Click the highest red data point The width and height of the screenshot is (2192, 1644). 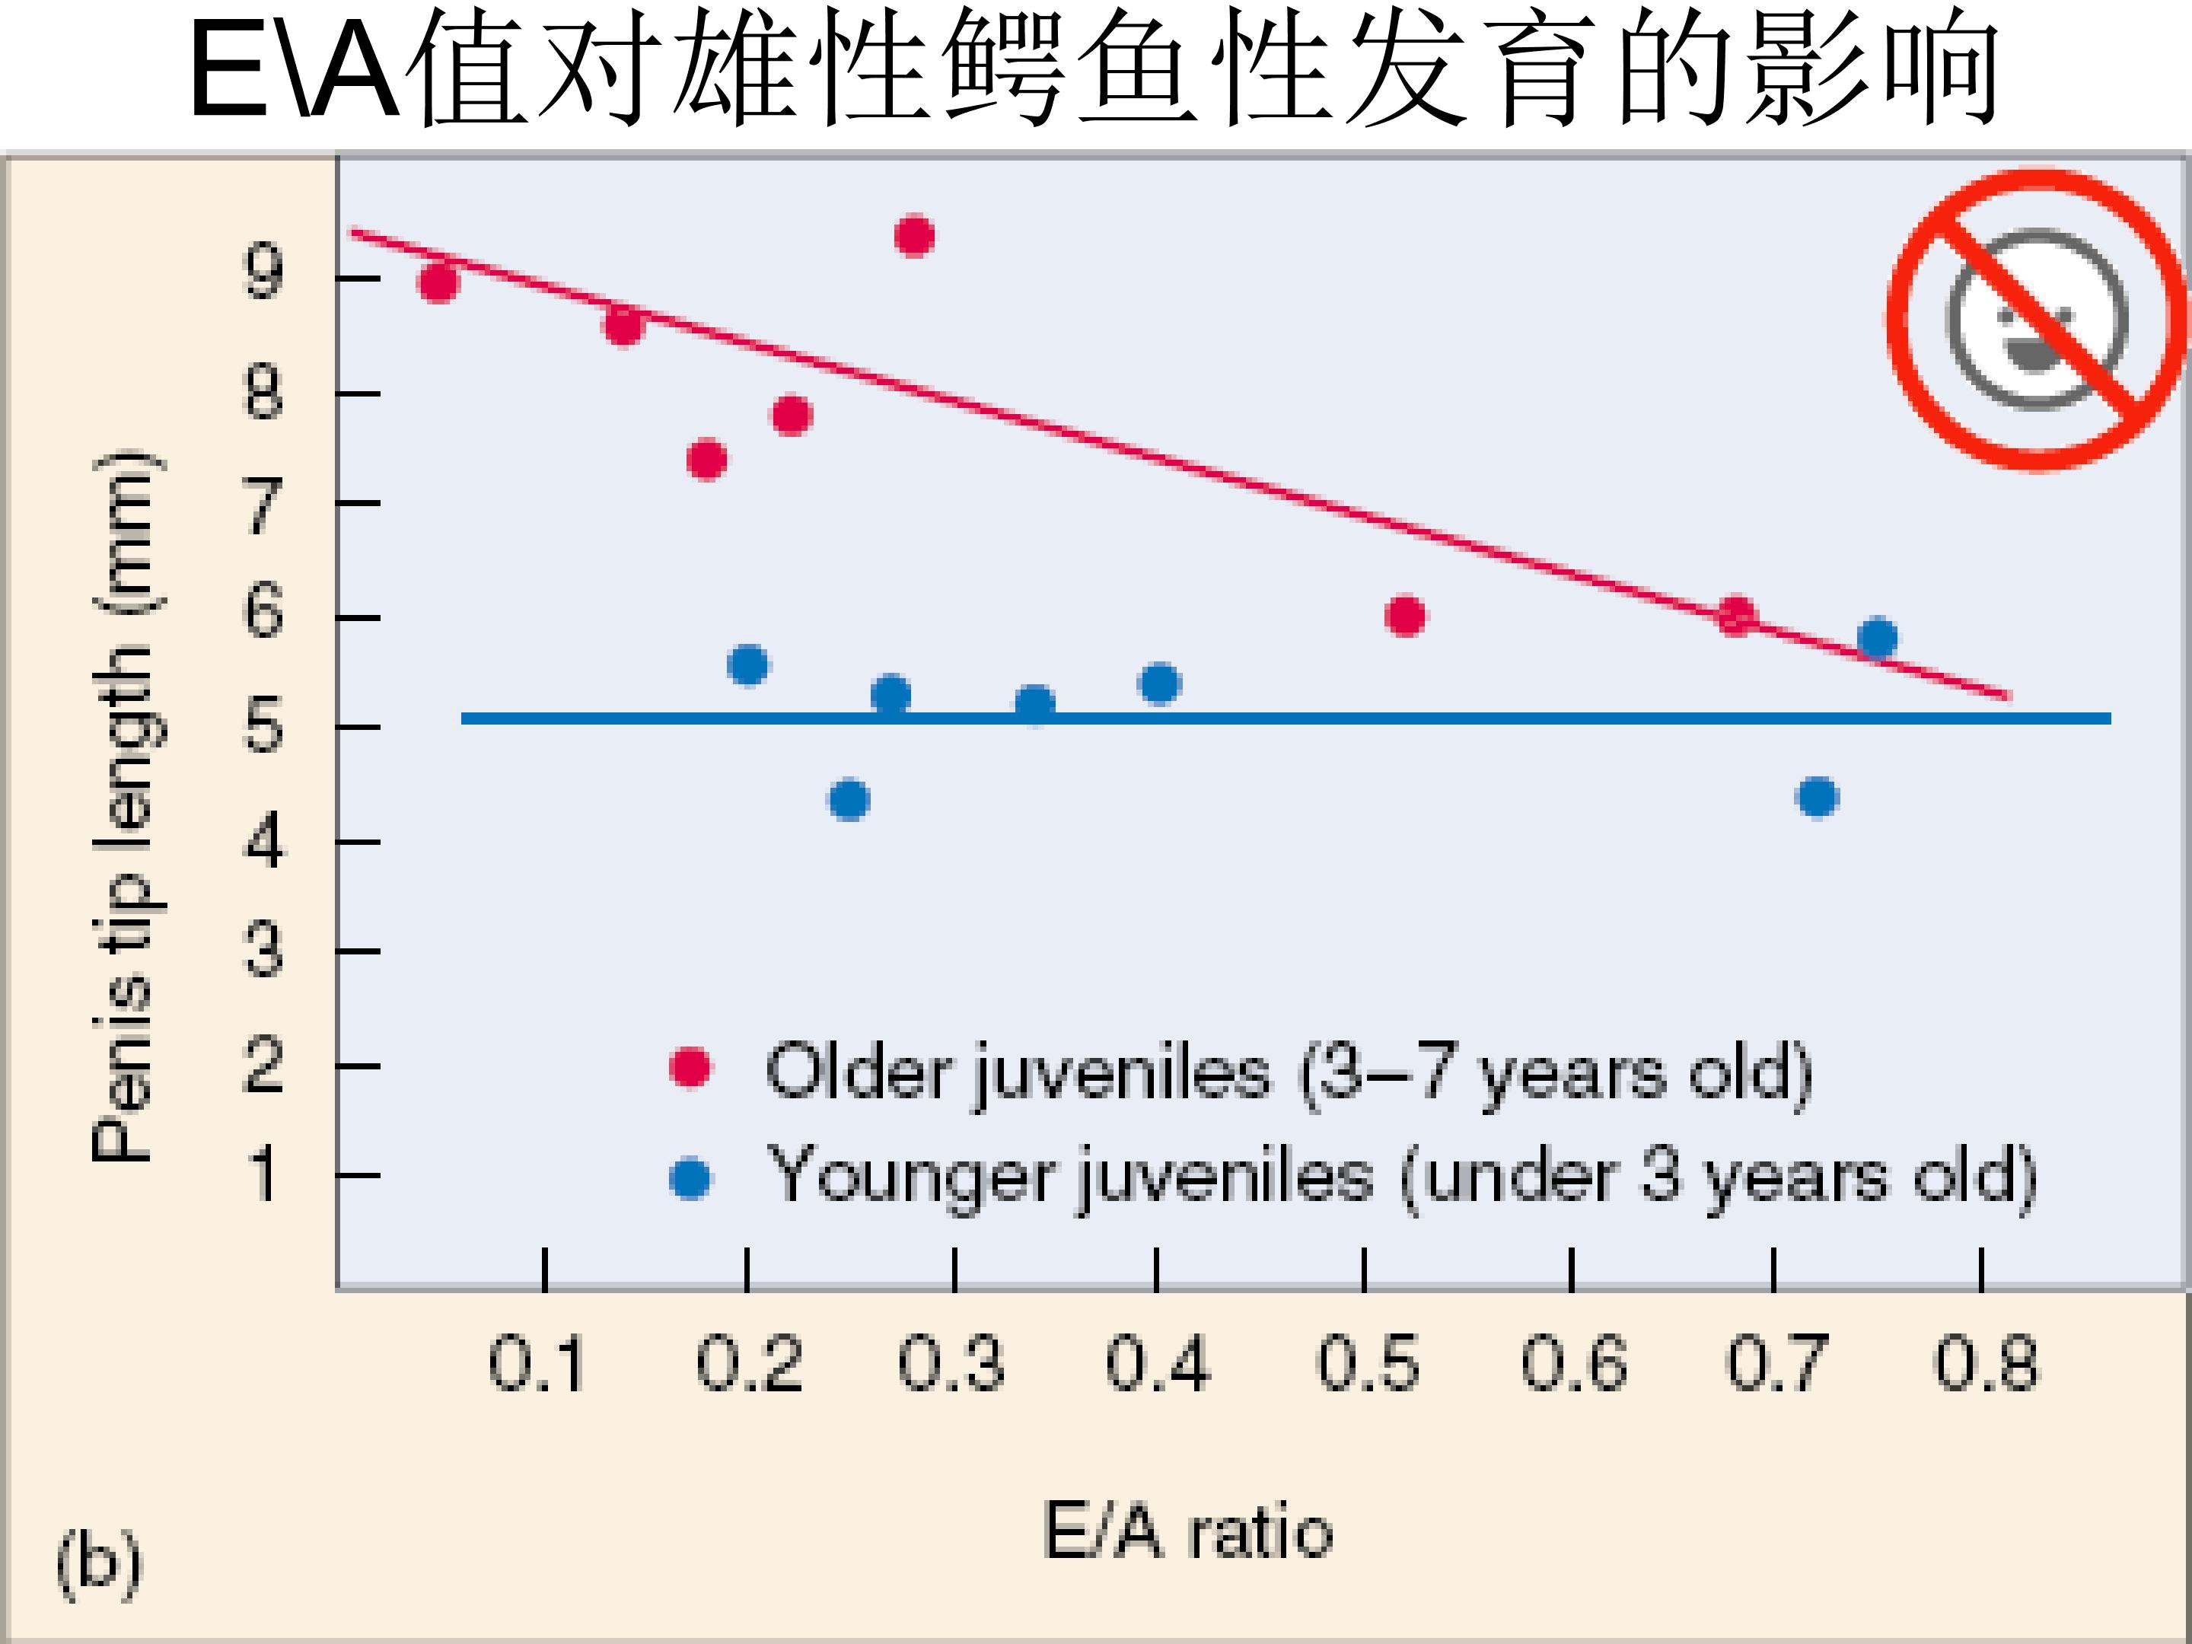[913, 236]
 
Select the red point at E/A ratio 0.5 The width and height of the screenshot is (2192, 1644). [1404, 616]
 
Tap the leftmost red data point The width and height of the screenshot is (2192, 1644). [438, 283]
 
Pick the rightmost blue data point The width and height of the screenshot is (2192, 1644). [1878, 637]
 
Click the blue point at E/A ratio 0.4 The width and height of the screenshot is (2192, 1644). [1159, 683]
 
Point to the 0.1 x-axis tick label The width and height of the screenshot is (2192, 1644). [536, 1365]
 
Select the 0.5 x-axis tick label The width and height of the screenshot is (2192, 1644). [1368, 1365]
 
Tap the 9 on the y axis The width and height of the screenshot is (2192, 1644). [263, 272]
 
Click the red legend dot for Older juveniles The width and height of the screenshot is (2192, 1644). [690, 1067]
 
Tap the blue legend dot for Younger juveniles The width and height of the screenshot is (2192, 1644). [690, 1178]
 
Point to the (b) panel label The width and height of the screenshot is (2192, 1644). [99, 1563]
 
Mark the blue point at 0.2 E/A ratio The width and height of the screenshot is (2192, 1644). [748, 664]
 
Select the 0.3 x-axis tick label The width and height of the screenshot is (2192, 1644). [951, 1365]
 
